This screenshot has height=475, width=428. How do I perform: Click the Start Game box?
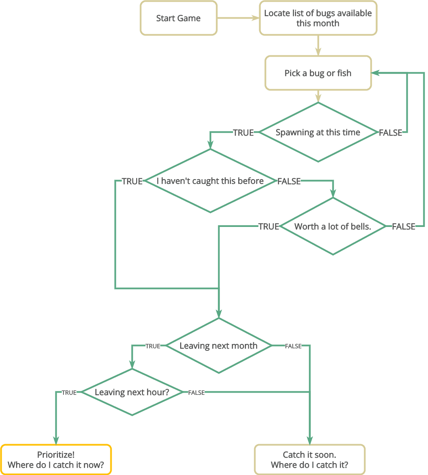[178, 18]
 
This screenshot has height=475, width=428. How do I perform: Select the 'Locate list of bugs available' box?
[318, 18]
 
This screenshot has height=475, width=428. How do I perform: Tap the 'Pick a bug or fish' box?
[318, 73]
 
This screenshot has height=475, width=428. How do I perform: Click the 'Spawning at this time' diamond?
[318, 132]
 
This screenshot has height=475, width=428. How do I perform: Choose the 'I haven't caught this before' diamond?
[210, 181]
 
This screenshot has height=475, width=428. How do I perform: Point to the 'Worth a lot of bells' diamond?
[333, 227]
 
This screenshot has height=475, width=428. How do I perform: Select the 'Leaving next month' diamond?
[219, 346]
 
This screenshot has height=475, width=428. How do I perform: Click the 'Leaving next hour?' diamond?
[132, 392]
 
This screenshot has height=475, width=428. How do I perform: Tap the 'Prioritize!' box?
[56, 460]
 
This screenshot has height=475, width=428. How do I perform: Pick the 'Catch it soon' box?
[310, 460]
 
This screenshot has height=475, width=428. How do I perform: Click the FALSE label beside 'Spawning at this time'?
[390, 133]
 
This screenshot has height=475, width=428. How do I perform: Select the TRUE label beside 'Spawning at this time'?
[244, 133]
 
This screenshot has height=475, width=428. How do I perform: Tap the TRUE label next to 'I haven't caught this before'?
[132, 181]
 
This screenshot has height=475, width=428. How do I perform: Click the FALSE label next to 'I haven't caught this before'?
[289, 181]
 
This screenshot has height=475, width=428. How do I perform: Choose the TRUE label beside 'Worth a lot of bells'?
[269, 227]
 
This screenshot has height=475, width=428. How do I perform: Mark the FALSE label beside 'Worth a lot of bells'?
[403, 227]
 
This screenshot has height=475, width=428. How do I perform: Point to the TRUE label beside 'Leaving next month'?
[153, 346]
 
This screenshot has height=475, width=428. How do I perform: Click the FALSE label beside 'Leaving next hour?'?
[196, 393]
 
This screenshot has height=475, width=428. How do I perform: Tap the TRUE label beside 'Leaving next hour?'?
[69, 393]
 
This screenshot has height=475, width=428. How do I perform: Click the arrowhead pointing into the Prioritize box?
[56, 440]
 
